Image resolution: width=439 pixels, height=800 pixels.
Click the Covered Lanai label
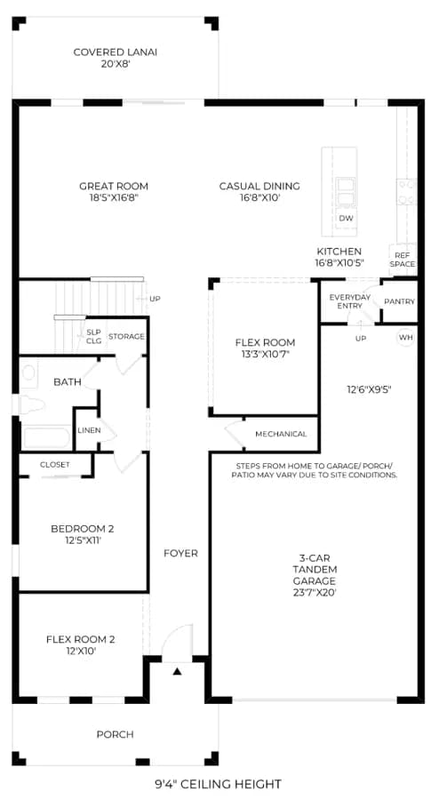pos(116,52)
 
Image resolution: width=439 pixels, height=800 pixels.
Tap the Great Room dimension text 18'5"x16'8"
pos(113,198)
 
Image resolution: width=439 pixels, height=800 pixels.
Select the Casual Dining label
pos(259,187)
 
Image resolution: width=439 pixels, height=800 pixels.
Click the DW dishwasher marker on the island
pos(347,219)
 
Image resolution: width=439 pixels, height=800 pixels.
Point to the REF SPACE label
pos(403,260)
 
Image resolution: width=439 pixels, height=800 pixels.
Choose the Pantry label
pos(400,301)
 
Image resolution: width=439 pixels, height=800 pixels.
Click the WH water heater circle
pos(405,337)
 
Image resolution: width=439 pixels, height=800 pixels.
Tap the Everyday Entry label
pos(350,301)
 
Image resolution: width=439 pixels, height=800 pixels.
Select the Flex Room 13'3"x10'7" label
pos(265,348)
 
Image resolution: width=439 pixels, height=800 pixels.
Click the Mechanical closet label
pos(281,434)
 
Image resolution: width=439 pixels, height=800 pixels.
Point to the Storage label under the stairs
pos(126,337)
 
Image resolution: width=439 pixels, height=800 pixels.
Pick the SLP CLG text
pos(94,336)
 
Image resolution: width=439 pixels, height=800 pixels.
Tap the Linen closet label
pos(89,430)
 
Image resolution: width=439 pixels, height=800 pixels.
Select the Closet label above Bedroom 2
pos(55,465)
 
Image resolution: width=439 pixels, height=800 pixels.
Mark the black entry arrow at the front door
pos(177,671)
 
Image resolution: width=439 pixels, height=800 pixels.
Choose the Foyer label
pos(180,553)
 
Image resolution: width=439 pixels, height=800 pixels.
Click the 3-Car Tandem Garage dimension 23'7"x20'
pos(315,593)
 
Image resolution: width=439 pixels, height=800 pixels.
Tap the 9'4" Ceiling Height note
pos(219,784)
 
